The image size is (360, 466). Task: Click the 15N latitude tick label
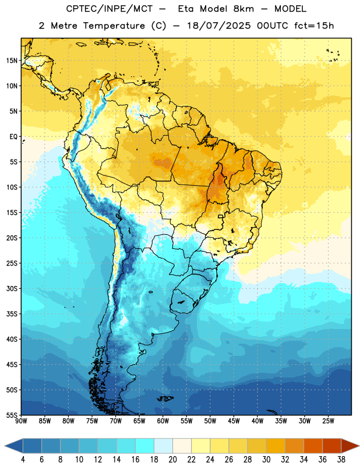(12, 61)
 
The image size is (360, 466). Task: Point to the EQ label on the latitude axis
(13, 137)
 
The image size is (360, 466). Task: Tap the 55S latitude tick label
(12, 415)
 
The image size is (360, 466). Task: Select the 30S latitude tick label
(12, 288)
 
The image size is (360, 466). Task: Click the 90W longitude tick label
(21, 421)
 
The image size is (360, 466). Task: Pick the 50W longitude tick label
(210, 421)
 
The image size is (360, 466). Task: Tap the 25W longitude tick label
(328, 421)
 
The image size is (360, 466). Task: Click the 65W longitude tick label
(139, 421)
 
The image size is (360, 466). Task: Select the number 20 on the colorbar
(172, 460)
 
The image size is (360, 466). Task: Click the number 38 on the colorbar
(341, 460)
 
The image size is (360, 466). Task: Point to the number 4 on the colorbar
(23, 460)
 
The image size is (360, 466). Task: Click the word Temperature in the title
(114, 26)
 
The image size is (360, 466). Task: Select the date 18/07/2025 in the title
(219, 26)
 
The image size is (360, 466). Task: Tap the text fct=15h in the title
(314, 26)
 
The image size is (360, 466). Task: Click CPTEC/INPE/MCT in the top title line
(109, 9)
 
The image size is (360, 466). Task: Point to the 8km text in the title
(243, 9)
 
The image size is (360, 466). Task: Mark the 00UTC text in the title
(273, 26)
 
